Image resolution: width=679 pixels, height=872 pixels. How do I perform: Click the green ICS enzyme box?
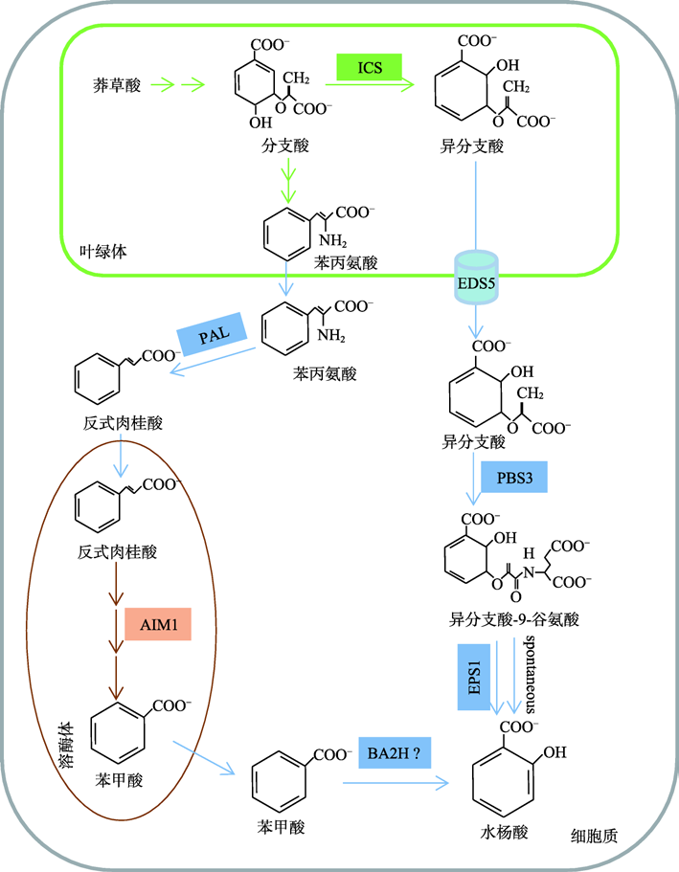pyautogui.click(x=369, y=68)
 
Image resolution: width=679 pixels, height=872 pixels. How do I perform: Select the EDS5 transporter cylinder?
pyautogui.click(x=475, y=278)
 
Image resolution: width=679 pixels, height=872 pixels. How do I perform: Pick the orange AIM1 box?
pyautogui.click(x=158, y=627)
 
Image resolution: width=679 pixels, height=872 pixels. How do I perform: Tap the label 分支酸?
pyautogui.click(x=284, y=145)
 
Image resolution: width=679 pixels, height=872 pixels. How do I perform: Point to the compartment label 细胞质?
pyautogui.click(x=594, y=836)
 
